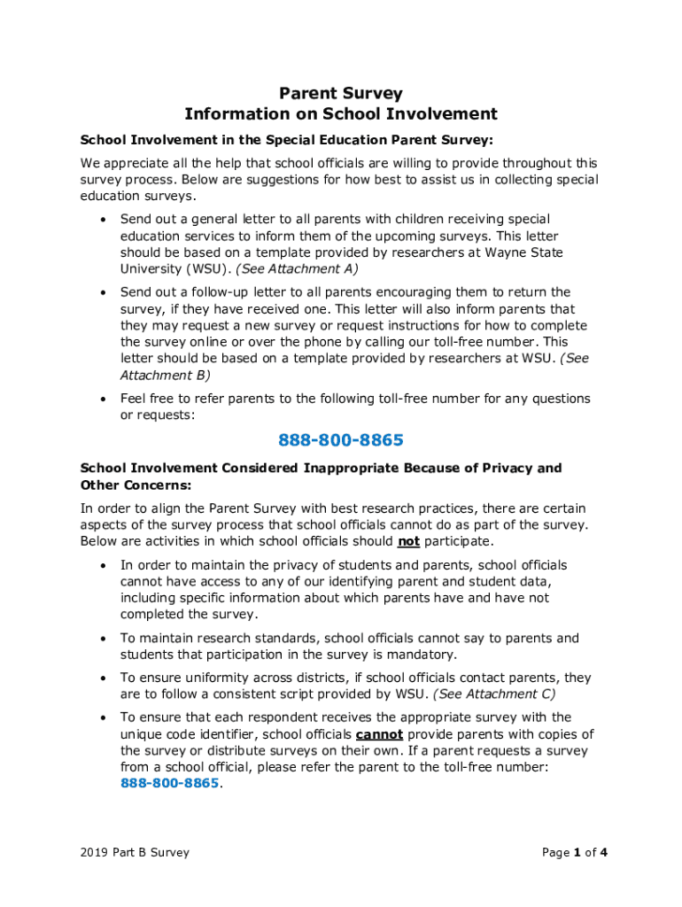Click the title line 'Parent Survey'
341,93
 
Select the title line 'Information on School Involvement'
341,114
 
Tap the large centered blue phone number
341,440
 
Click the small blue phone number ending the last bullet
169,784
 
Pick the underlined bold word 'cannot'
379,734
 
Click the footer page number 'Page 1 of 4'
574,853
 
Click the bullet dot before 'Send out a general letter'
104,220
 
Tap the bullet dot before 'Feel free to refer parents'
104,399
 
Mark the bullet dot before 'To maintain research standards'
104,639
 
